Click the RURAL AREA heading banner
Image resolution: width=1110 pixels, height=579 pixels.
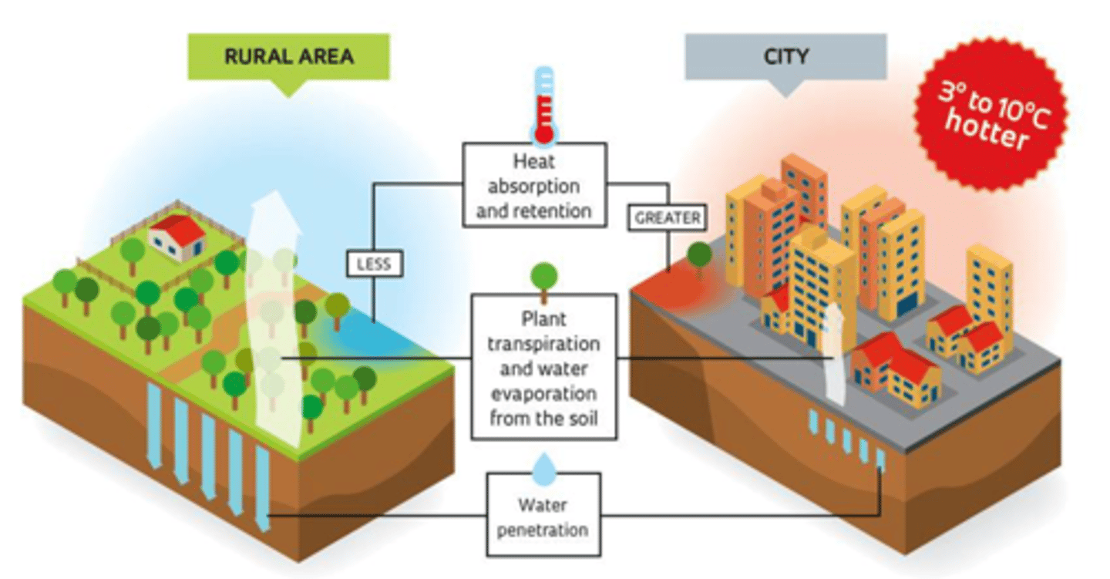(x=288, y=56)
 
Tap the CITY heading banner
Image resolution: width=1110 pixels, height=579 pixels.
(x=785, y=56)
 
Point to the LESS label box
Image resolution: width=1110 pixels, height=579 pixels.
(x=373, y=264)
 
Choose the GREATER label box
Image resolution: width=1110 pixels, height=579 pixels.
(x=668, y=218)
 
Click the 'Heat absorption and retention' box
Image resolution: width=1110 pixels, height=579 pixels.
(x=533, y=186)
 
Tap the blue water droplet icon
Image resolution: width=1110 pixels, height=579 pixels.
(x=544, y=467)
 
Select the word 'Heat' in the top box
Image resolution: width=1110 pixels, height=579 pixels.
(x=533, y=163)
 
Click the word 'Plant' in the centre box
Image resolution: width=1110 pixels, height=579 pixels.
(x=542, y=318)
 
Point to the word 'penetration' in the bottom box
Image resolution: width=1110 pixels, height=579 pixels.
(x=543, y=530)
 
